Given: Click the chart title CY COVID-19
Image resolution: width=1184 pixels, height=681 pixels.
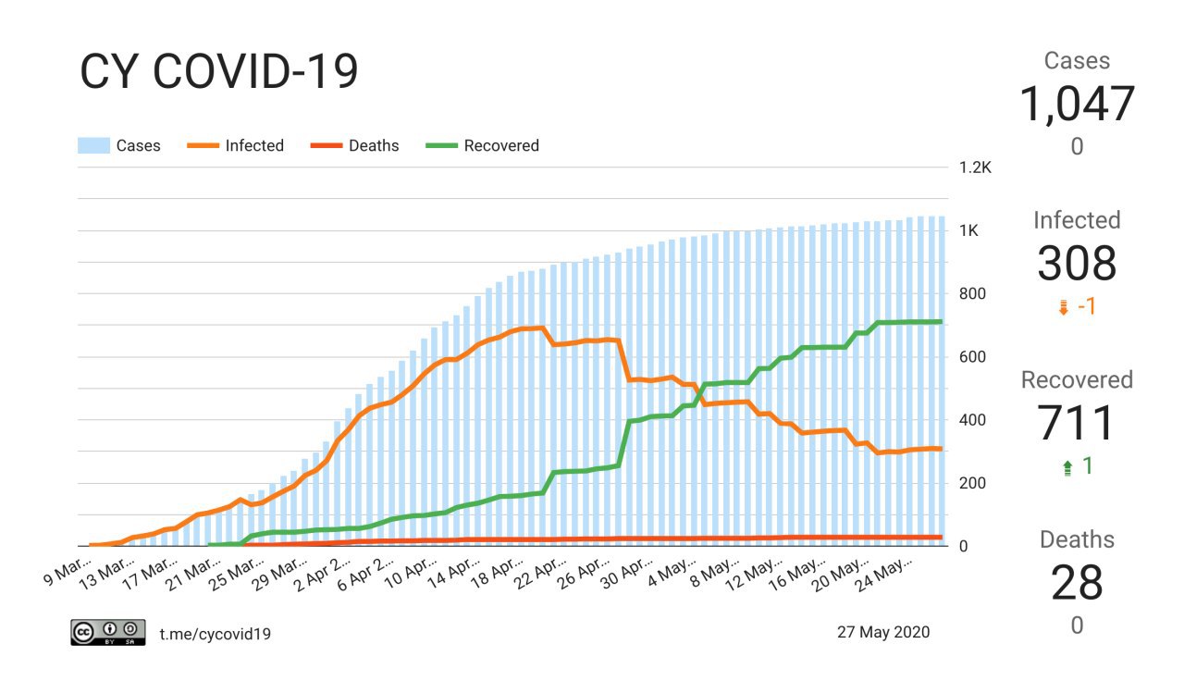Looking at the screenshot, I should pyautogui.click(x=219, y=71).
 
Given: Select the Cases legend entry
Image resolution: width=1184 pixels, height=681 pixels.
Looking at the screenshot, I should pyautogui.click(x=119, y=145).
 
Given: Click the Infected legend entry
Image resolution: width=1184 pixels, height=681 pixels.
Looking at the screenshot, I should pyautogui.click(x=236, y=145).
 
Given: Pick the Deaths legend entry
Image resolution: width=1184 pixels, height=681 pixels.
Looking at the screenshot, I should pyautogui.click(x=355, y=145).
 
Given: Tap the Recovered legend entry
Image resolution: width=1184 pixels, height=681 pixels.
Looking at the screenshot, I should pyautogui.click(x=483, y=145).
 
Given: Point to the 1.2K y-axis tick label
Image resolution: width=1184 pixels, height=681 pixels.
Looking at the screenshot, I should pyautogui.click(x=975, y=168).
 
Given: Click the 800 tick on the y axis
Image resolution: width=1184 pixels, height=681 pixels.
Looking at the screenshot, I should pyautogui.click(x=971, y=294).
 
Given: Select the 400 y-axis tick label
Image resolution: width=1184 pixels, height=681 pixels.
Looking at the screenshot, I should pyautogui.click(x=971, y=420).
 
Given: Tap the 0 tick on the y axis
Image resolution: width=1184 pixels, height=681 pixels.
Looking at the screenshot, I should pyautogui.click(x=963, y=546).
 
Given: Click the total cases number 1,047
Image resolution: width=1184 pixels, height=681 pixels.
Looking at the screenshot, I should pyautogui.click(x=1077, y=104).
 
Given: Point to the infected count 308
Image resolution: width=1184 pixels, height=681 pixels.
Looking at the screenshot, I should pyautogui.click(x=1077, y=264).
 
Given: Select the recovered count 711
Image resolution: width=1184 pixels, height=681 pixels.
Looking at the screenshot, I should pyautogui.click(x=1077, y=424).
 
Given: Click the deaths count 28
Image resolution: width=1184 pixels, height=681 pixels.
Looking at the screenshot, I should pyautogui.click(x=1077, y=583).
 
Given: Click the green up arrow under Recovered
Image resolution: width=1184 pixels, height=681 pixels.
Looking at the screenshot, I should pyautogui.click(x=1067, y=467).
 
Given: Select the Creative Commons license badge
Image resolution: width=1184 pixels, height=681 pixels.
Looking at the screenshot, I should pyautogui.click(x=108, y=632).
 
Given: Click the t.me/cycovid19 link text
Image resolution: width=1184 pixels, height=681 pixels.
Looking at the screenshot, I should pyautogui.click(x=215, y=634).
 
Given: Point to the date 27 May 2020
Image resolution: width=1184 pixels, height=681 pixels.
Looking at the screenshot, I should pyautogui.click(x=883, y=632).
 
